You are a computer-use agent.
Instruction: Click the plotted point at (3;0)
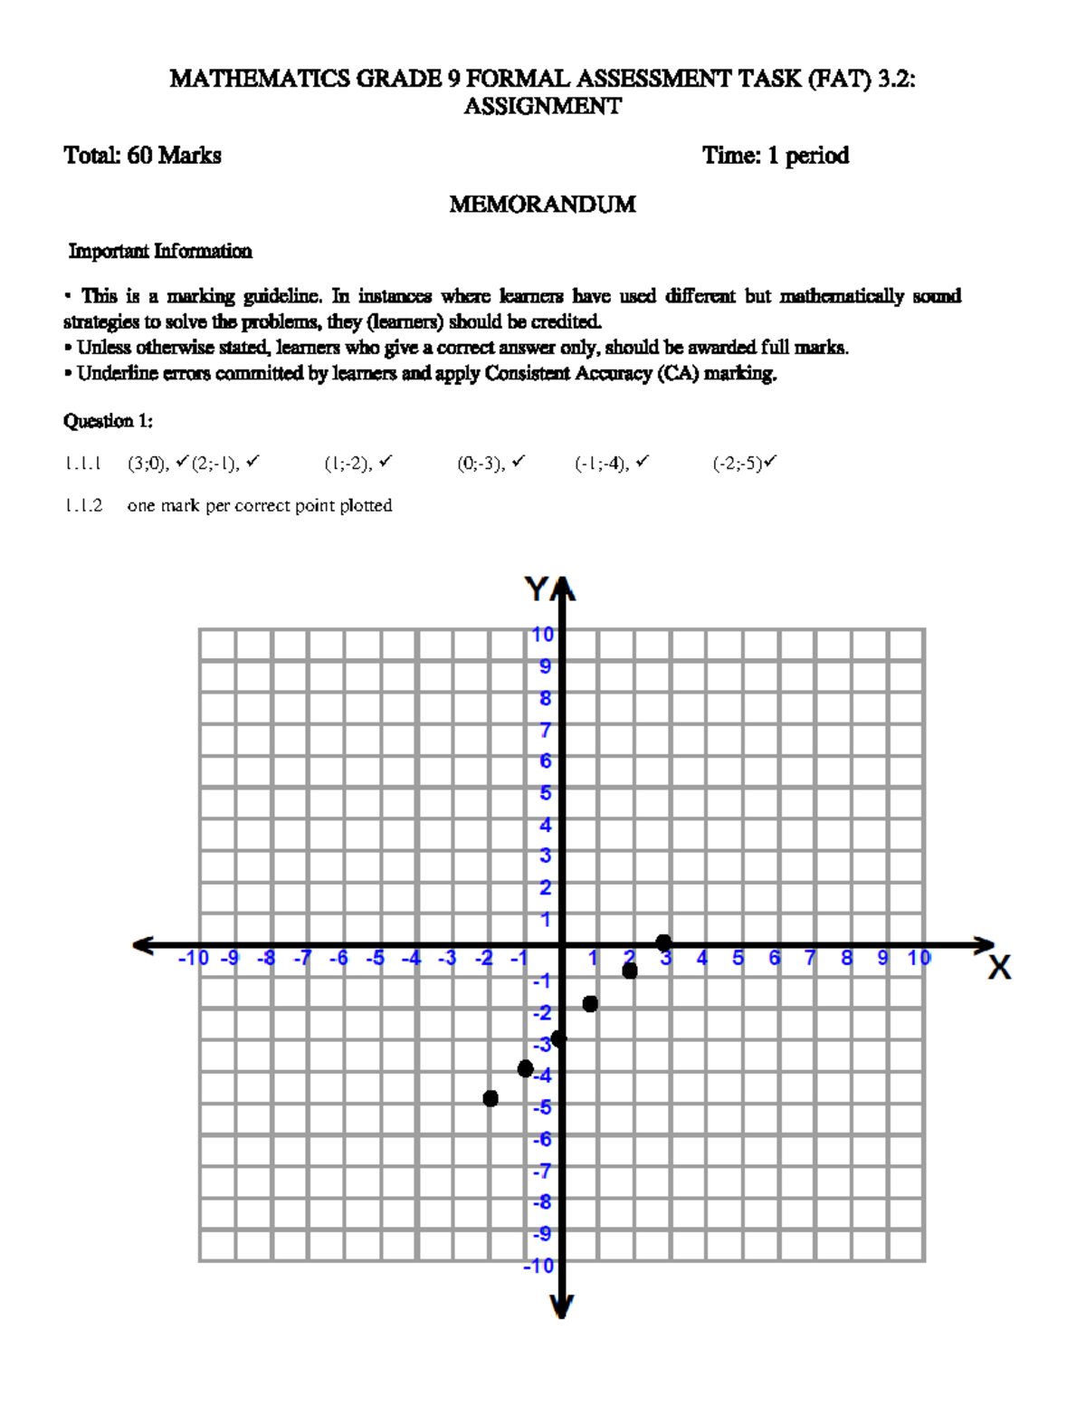pyautogui.click(x=663, y=942)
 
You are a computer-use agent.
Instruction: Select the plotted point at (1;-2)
pyautogui.click(x=590, y=1003)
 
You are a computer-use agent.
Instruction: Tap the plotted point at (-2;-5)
pyautogui.click(x=491, y=1098)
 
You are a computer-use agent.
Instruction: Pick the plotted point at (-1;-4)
pyautogui.click(x=525, y=1069)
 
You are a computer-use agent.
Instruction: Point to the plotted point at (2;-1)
pyautogui.click(x=630, y=971)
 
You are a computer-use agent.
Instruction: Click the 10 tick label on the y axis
pyautogui.click(x=542, y=635)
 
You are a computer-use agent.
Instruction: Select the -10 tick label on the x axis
pyautogui.click(x=193, y=958)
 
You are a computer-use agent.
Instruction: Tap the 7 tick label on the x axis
pyautogui.click(x=810, y=958)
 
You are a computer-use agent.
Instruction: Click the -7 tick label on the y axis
pyautogui.click(x=541, y=1172)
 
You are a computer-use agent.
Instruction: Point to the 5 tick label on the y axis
pyautogui.click(x=545, y=793)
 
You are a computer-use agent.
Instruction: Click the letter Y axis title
pyautogui.click(x=537, y=590)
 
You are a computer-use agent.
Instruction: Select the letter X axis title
pyautogui.click(x=999, y=969)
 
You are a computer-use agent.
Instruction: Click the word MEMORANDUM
pyautogui.click(x=542, y=205)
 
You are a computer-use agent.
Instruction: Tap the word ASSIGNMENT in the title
pyautogui.click(x=542, y=107)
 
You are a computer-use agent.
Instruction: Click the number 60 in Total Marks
pyautogui.click(x=139, y=156)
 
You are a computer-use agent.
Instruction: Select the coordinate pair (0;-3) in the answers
pyautogui.click(x=481, y=464)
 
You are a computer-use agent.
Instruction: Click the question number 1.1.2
pyautogui.click(x=83, y=506)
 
